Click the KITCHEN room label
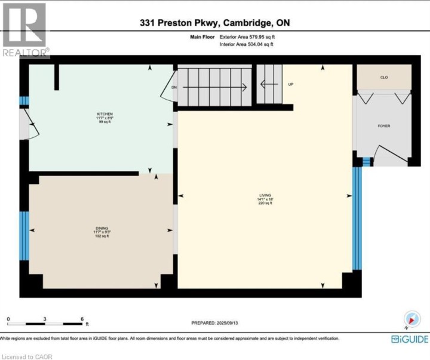pos(105,114)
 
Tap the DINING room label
pos(102,228)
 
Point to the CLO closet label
pos(384,77)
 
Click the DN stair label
pos(174,87)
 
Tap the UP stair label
pos(291,84)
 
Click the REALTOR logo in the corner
pos(24,29)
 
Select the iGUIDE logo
pos(409,339)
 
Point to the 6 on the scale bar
pos(82,318)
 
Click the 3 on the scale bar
pos(45,318)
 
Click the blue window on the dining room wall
pos(24,236)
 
